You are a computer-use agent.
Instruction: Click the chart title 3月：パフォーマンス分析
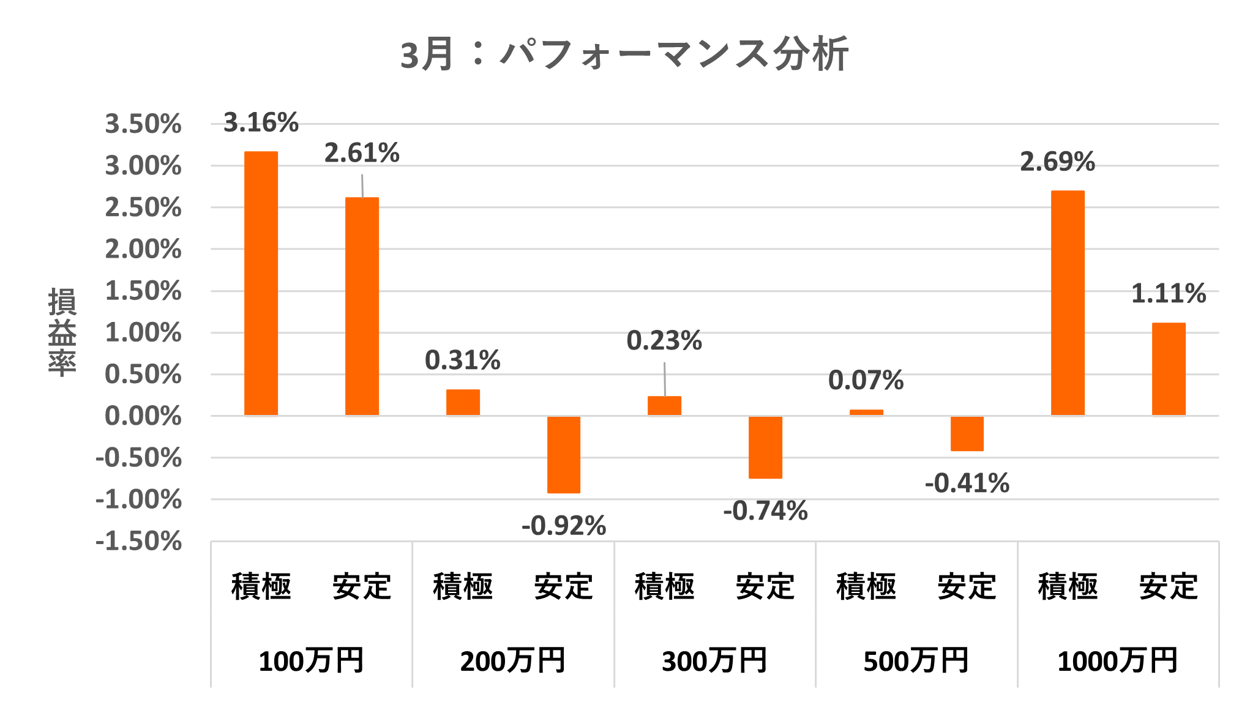pyautogui.click(x=624, y=54)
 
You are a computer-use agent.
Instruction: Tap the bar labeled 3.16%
pyautogui.click(x=261, y=283)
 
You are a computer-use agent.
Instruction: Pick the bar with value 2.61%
pyautogui.click(x=362, y=306)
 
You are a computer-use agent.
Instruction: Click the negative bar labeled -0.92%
pyautogui.click(x=563, y=455)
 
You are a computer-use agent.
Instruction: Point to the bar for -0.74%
pyautogui.click(x=765, y=447)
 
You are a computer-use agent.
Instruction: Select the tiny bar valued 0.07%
pyautogui.click(x=866, y=413)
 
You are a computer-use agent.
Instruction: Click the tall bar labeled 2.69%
pyautogui.click(x=1068, y=303)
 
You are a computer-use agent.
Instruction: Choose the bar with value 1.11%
pyautogui.click(x=1169, y=369)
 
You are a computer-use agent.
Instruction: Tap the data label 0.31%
pyautogui.click(x=463, y=360)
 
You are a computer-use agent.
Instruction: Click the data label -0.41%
pyautogui.click(x=967, y=484)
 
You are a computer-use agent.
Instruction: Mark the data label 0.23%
pyautogui.click(x=664, y=341)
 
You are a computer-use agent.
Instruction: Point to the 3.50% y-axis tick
pyautogui.click(x=143, y=124)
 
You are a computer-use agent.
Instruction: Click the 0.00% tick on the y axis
pyautogui.click(x=143, y=417)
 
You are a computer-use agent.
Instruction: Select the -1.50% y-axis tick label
pyautogui.click(x=139, y=542)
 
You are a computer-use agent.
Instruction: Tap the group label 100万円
pyautogui.click(x=311, y=661)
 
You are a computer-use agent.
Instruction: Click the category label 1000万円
pyautogui.click(x=1118, y=661)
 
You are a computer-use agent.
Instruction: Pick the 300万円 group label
pyautogui.click(x=714, y=661)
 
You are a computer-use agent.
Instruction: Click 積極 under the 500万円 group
pyautogui.click(x=866, y=586)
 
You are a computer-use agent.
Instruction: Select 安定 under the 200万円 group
pyautogui.click(x=563, y=586)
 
